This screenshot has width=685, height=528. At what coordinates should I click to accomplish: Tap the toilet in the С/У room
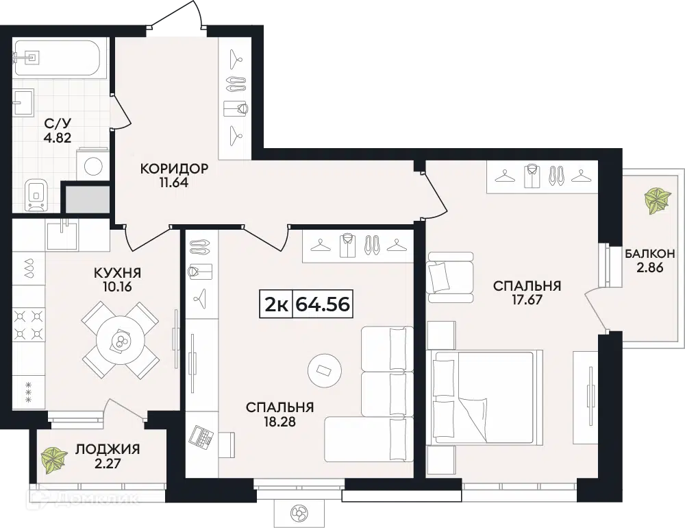(x=37, y=194)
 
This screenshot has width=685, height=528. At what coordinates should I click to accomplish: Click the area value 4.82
(x=57, y=138)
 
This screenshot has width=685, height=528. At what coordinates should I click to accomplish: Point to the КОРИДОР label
(x=174, y=169)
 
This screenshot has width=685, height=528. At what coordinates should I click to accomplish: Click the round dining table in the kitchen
(x=120, y=340)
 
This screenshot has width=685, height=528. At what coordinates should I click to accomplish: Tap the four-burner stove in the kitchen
(x=29, y=324)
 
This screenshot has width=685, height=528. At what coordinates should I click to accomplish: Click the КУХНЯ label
(x=118, y=274)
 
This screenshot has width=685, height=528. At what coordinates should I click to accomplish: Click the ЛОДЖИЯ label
(x=108, y=449)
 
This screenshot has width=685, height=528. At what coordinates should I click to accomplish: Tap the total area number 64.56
(x=323, y=304)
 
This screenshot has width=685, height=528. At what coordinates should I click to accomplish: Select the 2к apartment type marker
(x=276, y=304)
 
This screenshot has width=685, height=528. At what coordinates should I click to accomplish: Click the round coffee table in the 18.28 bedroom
(x=325, y=370)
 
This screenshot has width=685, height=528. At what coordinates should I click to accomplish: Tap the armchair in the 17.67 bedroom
(x=451, y=277)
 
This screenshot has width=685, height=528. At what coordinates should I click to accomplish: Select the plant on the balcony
(x=656, y=201)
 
